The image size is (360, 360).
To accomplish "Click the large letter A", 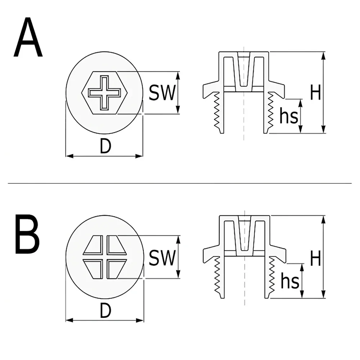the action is tap(28, 37).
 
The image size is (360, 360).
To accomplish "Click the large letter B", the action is tap(27, 234).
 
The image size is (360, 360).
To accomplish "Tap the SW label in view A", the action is tap(162, 93).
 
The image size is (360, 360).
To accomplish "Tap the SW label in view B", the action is tap(162, 258).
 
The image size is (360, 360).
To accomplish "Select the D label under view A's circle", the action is tap(105, 146).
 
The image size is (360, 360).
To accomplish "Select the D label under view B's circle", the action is tap(105, 311).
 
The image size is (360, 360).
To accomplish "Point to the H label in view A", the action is tap(315, 92).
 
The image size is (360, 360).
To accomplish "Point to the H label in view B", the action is tap(315, 258).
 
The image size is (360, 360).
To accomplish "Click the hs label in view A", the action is tap(289, 116).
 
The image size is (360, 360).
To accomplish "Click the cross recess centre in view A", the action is tap(104, 93).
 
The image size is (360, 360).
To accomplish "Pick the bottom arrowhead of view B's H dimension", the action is tap(323, 294).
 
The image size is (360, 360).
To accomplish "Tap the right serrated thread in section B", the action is tap(272, 275).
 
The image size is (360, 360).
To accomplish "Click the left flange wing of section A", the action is tap(211, 89).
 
